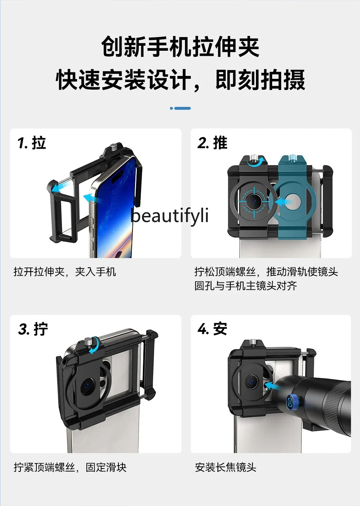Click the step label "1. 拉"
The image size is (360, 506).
tap(32, 143)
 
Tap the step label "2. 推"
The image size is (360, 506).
tap(212, 143)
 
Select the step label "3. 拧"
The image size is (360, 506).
tap(33, 329)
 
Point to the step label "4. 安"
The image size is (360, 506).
tap(212, 329)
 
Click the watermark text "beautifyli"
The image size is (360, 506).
tap(170, 216)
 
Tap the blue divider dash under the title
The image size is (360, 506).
tap(180, 108)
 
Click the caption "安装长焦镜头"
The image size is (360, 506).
tap(226, 467)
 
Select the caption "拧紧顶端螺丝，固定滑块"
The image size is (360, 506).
tap(70, 467)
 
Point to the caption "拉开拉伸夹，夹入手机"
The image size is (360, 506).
tap(65, 272)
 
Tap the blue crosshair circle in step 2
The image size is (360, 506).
tap(254, 202)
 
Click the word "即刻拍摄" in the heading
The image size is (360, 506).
tap(260, 80)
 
